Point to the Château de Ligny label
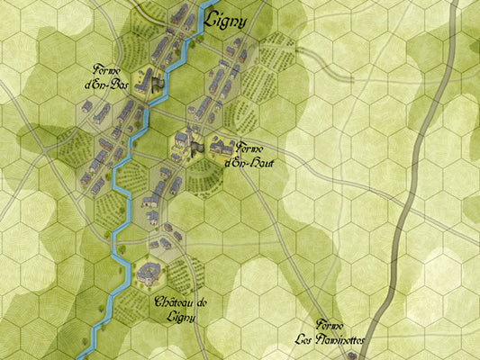point(180,309)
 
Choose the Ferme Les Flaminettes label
point(331,333)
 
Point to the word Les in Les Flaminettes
point(308,340)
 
